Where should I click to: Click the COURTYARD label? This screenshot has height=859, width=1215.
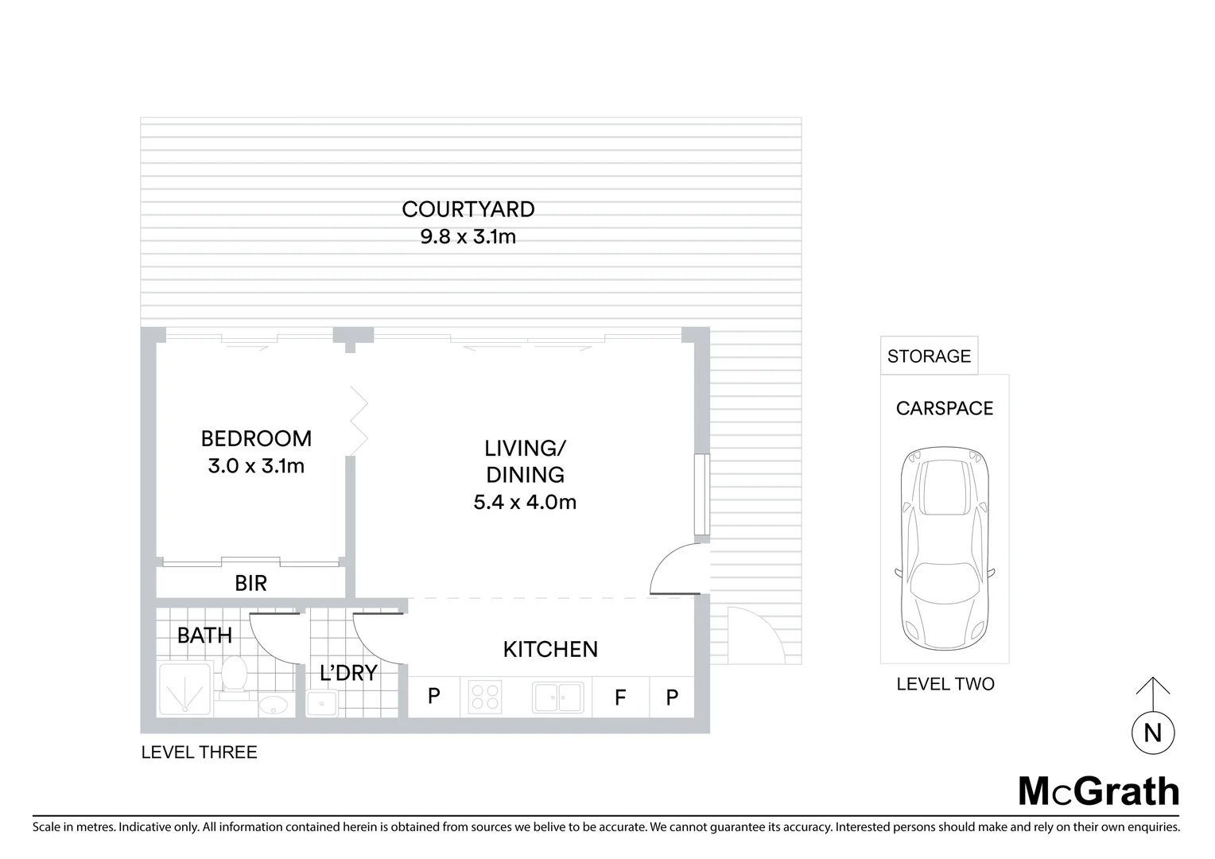tap(468, 209)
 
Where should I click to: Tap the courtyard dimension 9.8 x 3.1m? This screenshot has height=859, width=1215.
tap(468, 236)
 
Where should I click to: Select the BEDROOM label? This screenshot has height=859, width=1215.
tap(256, 438)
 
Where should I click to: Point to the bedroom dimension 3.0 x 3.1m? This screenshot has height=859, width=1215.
tap(256, 466)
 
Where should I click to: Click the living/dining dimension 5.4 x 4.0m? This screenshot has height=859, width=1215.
tap(525, 502)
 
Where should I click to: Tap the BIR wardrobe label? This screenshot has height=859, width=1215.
tap(250, 583)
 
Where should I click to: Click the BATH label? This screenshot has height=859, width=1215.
tap(204, 636)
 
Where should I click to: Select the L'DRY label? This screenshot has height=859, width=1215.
tap(347, 673)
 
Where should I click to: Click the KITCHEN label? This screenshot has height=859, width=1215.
tap(550, 649)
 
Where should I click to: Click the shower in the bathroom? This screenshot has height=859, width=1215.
tap(184, 689)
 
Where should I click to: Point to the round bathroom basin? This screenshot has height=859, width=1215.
tap(274, 705)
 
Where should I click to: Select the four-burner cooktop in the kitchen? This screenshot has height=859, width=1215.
tap(484, 697)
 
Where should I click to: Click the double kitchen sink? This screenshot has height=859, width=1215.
tap(558, 698)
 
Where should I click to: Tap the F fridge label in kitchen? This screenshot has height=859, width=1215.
tap(620, 698)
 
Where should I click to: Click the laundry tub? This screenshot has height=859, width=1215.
tap(322, 703)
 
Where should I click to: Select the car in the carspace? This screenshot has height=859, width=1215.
tap(944, 549)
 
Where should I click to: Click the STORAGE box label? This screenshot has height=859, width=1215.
tap(929, 356)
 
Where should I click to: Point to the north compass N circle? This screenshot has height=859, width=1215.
tap(1153, 733)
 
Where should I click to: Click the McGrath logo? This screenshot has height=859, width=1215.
tap(1098, 791)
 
